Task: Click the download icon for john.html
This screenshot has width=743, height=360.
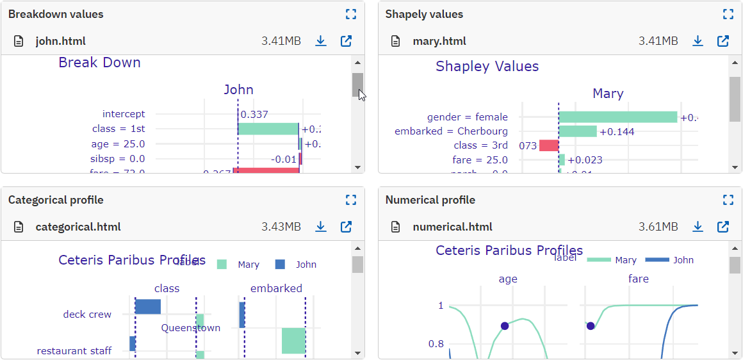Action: [321, 41]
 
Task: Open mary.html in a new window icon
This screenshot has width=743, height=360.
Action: [723, 41]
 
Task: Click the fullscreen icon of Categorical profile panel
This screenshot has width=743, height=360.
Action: [350, 200]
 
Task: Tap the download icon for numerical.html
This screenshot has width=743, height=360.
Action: [698, 227]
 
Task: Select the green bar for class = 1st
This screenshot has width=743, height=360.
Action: [268, 129]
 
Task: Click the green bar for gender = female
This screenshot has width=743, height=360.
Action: [618, 117]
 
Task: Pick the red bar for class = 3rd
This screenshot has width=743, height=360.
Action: [549, 145]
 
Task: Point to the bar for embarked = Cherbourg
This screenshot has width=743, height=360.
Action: [578, 131]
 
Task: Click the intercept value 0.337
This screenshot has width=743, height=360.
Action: [254, 115]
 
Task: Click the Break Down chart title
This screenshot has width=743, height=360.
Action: [99, 63]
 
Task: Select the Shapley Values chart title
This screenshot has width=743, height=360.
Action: [487, 67]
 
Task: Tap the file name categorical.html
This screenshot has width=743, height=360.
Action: [78, 227]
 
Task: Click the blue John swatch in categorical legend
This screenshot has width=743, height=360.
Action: [280, 265]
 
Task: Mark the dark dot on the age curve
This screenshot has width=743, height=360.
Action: [505, 326]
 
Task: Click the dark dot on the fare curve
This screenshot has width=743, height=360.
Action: [591, 326]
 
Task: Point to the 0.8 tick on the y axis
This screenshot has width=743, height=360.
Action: [436, 344]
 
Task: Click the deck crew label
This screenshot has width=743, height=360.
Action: [87, 315]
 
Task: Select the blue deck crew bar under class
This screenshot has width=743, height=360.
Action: [148, 307]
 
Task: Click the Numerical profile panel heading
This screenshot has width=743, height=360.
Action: [430, 200]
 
